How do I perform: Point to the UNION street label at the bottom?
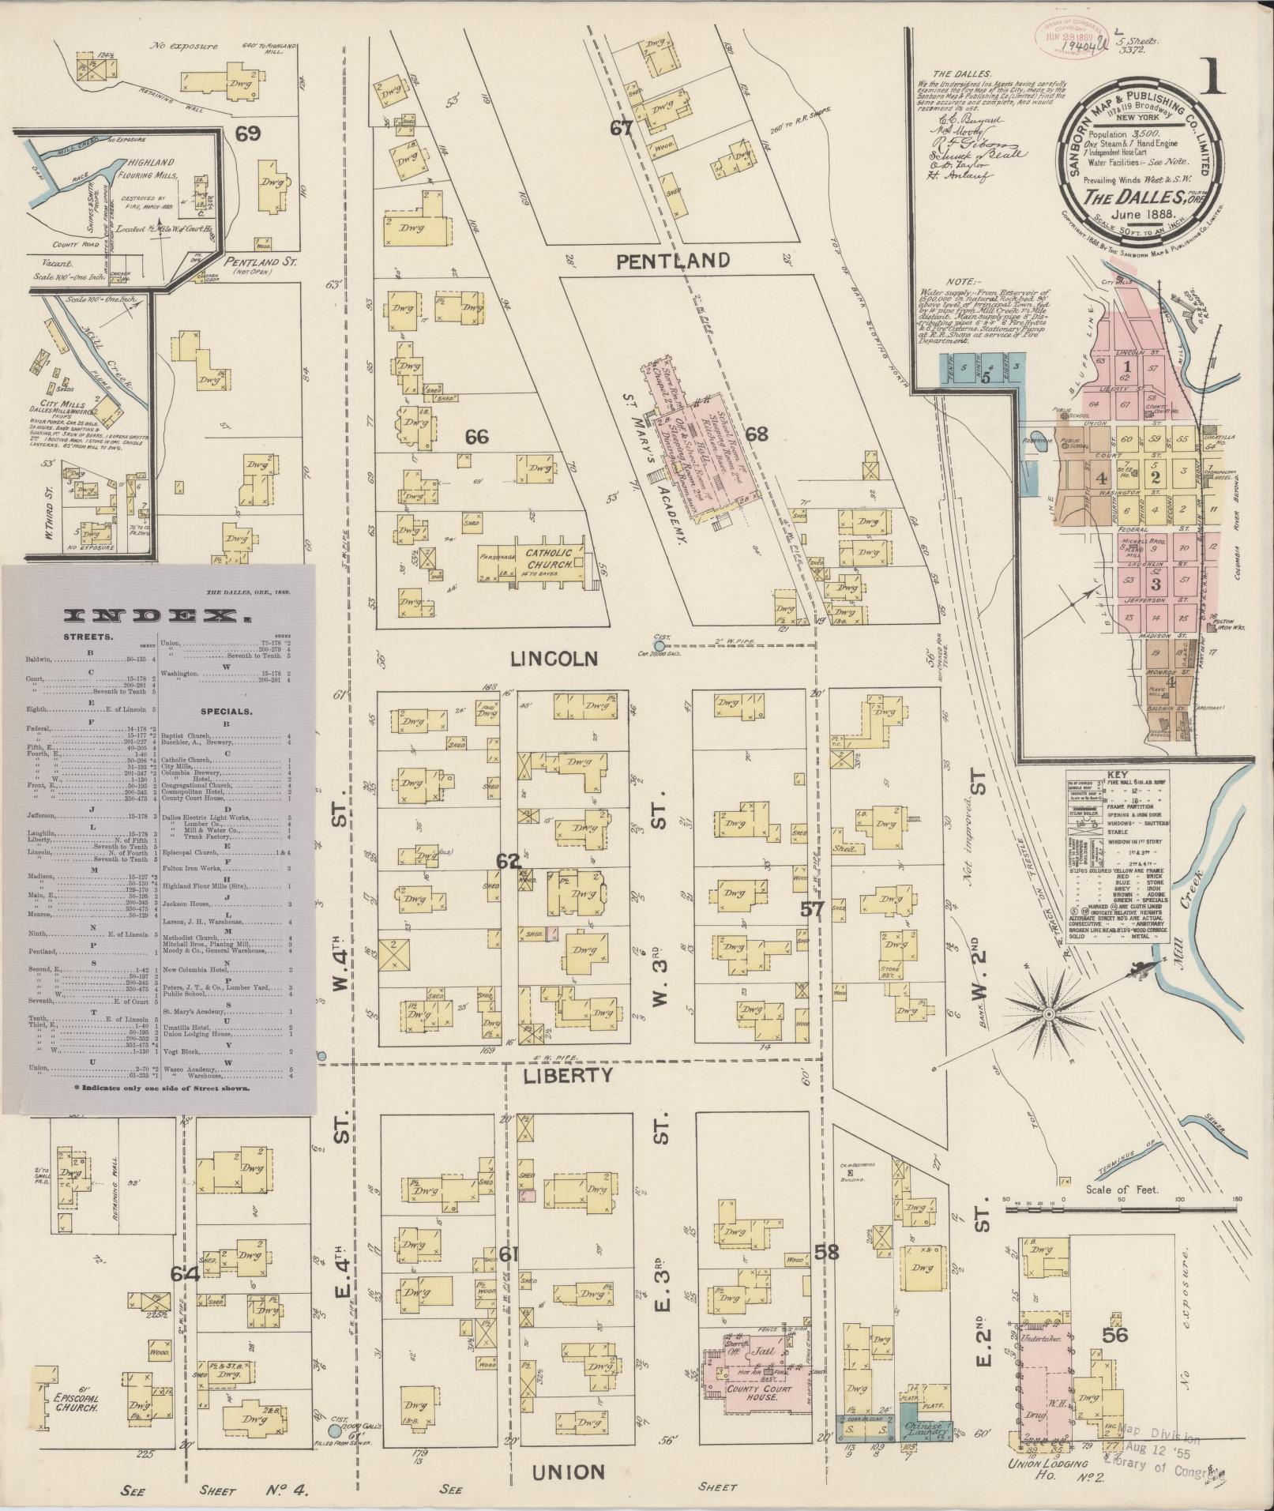[569, 1472]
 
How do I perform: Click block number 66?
[477, 436]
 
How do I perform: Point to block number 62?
[506, 860]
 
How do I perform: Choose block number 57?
[812, 909]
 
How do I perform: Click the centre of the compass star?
[1047, 1013]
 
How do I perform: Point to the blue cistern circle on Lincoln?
[660, 645]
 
